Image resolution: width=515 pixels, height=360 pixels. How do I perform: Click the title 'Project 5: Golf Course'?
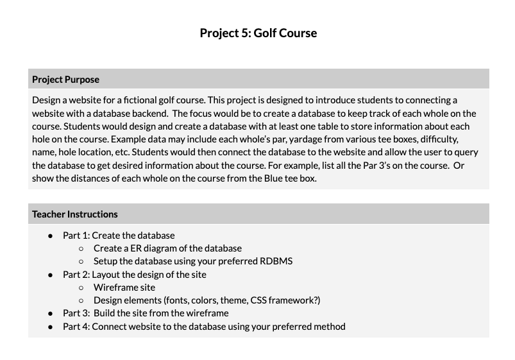click(258, 33)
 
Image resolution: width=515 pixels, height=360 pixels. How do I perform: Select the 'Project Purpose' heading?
click(65, 80)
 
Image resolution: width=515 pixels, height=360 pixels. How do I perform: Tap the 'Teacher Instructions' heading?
click(74, 214)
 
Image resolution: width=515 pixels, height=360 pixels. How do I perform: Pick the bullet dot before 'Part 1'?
click(50, 236)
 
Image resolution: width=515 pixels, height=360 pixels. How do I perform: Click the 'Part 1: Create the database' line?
click(119, 236)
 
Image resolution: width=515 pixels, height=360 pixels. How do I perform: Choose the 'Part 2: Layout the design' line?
click(134, 275)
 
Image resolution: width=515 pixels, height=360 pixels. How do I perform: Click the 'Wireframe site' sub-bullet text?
click(124, 287)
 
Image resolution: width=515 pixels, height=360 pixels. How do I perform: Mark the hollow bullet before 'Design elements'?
click(81, 300)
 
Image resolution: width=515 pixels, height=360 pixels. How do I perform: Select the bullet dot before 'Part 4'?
click(50, 327)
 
